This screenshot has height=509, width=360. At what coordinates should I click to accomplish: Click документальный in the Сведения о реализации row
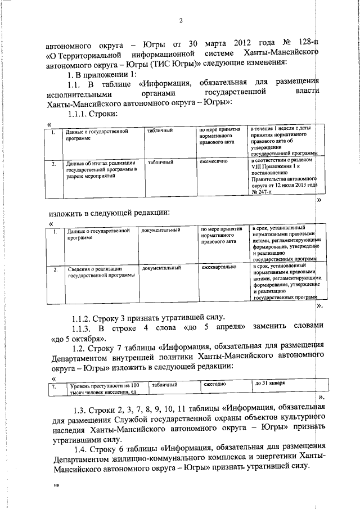(x=161, y=268)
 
